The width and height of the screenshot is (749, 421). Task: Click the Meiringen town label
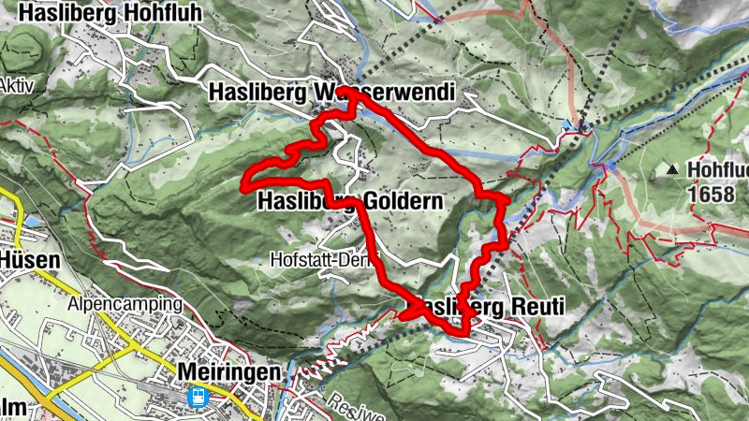click(228, 372)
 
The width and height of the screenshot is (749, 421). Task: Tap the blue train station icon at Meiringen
click(198, 397)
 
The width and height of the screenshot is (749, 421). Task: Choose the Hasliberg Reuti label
click(489, 307)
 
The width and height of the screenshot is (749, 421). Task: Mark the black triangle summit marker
click(672, 170)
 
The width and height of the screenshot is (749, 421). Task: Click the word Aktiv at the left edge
click(17, 84)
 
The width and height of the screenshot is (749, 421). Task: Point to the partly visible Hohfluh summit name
click(716, 170)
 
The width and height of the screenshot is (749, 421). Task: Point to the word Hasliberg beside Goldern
click(301, 202)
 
